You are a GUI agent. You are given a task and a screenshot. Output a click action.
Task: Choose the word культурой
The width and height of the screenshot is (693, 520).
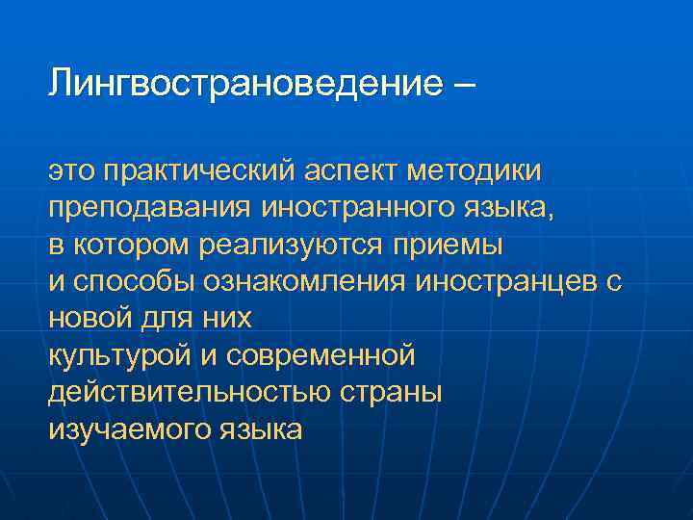[120, 355]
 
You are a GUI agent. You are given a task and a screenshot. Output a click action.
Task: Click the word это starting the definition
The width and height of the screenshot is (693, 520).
[72, 171]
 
